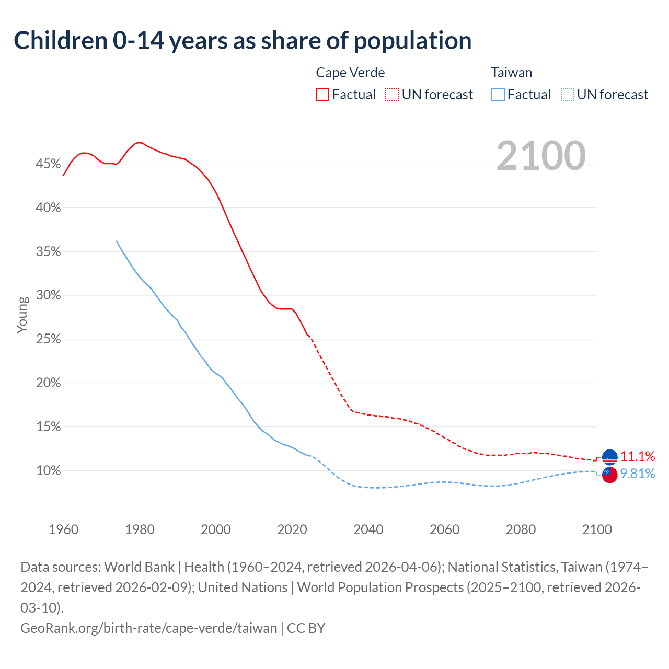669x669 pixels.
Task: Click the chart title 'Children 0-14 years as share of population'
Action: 243,41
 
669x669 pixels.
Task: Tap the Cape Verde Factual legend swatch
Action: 322,95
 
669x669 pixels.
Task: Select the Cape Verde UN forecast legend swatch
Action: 392,95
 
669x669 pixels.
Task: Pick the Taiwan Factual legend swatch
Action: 498,95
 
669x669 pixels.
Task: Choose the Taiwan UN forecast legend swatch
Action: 568,95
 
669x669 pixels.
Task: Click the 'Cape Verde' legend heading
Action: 350,73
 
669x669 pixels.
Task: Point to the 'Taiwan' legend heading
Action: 511,73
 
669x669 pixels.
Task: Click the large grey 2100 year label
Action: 540,155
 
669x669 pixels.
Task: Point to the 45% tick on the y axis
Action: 48,164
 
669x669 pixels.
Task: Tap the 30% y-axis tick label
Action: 48,295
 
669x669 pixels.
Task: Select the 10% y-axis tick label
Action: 48,471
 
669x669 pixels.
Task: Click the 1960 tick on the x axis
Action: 64,529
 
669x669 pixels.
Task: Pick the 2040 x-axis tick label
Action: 368,529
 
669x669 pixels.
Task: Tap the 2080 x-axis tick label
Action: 521,529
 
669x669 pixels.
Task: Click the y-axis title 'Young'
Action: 22,315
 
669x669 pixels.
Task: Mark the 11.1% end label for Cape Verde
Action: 638,456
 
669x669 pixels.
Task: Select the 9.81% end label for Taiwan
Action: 638,474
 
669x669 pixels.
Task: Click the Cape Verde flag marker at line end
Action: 609,457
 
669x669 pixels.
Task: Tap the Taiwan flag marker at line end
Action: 609,475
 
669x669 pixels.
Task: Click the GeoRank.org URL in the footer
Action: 149,628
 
